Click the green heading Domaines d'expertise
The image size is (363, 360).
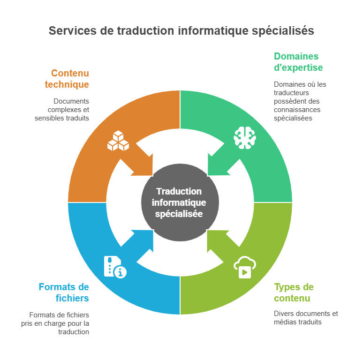coord(298,62)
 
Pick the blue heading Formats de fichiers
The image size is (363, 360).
coord(64,292)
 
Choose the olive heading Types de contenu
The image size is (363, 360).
coord(294,292)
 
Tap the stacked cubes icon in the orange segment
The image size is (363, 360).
coord(118,141)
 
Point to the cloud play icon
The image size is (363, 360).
coord(244,267)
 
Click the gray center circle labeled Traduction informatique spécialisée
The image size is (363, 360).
coord(180,202)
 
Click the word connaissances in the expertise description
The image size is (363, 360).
coord(296,110)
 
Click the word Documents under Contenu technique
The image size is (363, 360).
coord(71,101)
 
